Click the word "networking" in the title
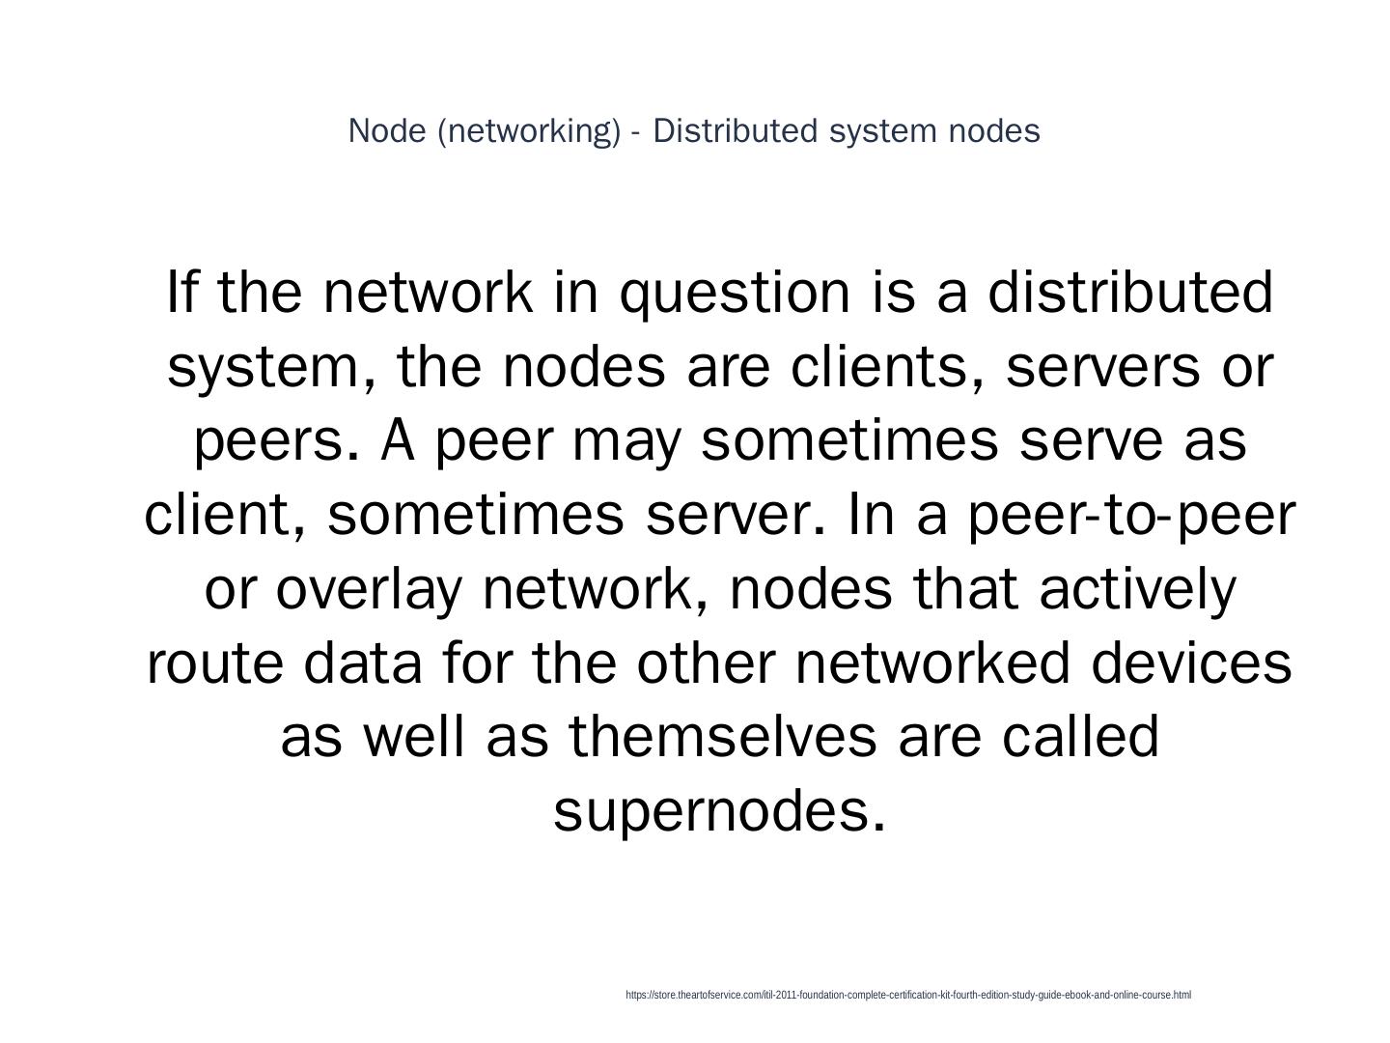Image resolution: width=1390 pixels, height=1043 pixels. [529, 131]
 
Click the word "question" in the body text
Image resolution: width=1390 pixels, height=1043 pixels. [734, 294]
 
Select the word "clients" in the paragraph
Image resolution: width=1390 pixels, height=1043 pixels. [885, 367]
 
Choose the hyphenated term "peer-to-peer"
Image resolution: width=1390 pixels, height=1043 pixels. [1130, 516]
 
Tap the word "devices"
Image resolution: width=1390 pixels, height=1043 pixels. [1192, 663]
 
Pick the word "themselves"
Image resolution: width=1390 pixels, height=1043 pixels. [723, 737]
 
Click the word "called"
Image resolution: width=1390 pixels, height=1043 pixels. [1080, 737]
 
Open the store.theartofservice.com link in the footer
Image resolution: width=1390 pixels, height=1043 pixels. [907, 995]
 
